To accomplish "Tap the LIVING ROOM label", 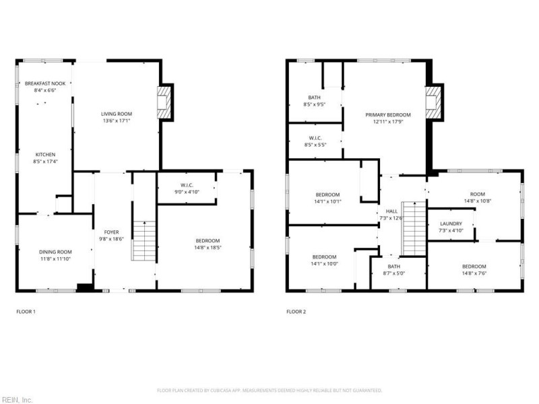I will tap(117, 114).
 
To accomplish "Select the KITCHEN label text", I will tap(45, 155).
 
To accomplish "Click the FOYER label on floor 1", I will tap(111, 232).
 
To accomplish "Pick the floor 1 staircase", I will tap(144, 241).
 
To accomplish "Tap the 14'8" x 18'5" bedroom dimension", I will tap(208, 248).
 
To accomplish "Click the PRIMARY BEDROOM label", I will tap(388, 115).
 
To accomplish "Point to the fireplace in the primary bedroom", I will tap(435, 102).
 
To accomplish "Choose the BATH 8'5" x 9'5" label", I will tap(315, 98).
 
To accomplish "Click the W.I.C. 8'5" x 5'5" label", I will tap(314, 137).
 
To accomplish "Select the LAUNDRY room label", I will tap(451, 224).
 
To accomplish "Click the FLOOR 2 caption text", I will tap(296, 312).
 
